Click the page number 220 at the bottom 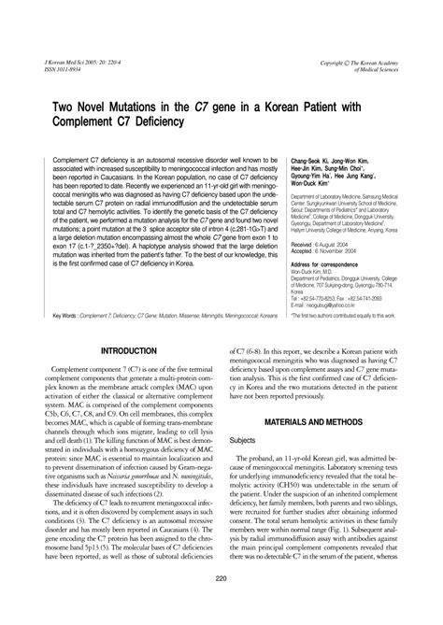[221, 605]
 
